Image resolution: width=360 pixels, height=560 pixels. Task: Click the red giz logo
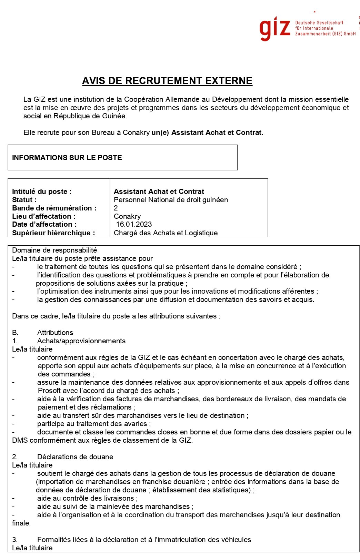(275, 28)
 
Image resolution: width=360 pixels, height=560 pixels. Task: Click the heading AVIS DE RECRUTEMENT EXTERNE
(167, 81)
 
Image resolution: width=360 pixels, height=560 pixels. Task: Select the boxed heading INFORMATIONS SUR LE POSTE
(67, 158)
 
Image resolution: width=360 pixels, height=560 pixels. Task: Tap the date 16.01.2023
(134, 224)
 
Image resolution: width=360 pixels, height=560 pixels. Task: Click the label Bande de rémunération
(54, 208)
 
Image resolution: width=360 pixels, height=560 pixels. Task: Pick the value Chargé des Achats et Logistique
(166, 233)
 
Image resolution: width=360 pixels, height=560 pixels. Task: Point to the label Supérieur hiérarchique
(53, 233)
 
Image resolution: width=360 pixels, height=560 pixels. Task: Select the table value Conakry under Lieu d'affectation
(127, 216)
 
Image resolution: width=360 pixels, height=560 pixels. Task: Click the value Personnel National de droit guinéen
(171, 200)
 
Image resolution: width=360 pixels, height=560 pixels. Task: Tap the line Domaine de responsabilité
(54, 250)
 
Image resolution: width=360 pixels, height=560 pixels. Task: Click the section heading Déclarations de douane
(75, 457)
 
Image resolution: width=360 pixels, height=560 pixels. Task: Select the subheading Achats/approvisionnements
(81, 341)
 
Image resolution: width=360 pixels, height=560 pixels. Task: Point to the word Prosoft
(49, 391)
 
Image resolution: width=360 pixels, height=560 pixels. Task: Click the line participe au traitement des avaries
(94, 424)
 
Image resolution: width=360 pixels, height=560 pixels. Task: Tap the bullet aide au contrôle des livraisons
(87, 498)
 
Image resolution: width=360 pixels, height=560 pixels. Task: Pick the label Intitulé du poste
(42, 191)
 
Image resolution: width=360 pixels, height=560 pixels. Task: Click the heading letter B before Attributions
(15, 333)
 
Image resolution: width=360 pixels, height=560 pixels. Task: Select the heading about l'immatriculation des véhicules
(144, 540)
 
